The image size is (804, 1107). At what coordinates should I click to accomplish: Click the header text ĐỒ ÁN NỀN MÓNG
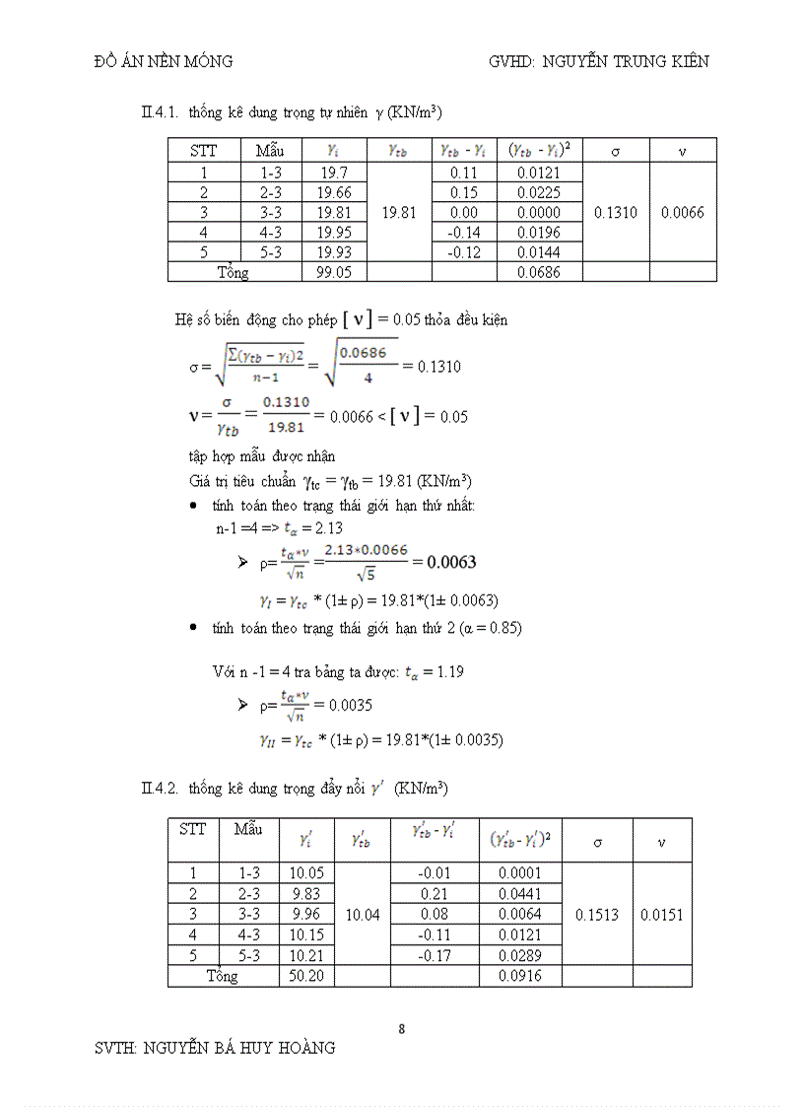[x=163, y=61]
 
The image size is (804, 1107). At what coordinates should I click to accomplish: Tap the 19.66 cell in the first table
[x=334, y=192]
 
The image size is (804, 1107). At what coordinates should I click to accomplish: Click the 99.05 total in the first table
[x=334, y=272]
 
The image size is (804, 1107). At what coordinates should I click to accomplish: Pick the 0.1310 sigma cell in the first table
[x=616, y=212]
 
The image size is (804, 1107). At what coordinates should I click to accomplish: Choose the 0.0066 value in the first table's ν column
[x=683, y=212]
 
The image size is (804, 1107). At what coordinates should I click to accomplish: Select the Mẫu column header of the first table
[x=270, y=151]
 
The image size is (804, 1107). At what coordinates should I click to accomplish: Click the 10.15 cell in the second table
[x=307, y=934]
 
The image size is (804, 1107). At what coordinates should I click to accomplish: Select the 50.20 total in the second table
[x=307, y=976]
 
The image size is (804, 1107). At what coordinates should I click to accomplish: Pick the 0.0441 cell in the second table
[x=517, y=893]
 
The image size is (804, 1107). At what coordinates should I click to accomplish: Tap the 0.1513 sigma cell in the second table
[x=595, y=915]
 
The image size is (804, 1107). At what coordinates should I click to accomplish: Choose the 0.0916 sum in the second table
[x=517, y=976]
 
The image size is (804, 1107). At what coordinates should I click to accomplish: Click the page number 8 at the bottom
[x=401, y=1029]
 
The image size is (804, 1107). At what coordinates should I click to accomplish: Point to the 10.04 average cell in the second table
[x=363, y=915]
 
